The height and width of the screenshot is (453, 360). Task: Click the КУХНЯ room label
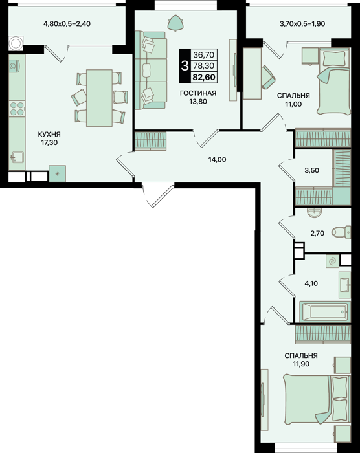[49, 135]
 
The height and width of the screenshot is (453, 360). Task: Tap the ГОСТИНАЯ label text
[198, 93]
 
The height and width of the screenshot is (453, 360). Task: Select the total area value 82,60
[204, 77]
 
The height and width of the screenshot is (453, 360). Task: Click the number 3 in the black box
[185, 66]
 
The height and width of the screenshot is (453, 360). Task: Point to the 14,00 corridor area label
[218, 159]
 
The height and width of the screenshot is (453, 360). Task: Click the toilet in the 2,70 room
[341, 232]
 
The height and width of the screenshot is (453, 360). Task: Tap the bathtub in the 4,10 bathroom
[325, 312]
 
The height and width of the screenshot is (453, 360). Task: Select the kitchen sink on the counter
[16, 157]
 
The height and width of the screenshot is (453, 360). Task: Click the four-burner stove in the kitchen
[17, 109]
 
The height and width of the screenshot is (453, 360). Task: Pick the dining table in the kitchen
[99, 98]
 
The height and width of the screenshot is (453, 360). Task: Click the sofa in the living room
[151, 71]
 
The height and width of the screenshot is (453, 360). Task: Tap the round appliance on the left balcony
[16, 43]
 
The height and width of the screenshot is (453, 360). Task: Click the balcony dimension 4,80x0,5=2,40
[67, 24]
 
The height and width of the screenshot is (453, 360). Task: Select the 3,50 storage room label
[311, 170]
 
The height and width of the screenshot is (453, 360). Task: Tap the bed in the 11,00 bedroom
[334, 81]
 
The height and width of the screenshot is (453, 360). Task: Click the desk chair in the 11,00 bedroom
[268, 77]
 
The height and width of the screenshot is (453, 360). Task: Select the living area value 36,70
[204, 54]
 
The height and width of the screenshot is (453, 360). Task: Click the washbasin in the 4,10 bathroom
[344, 285]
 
